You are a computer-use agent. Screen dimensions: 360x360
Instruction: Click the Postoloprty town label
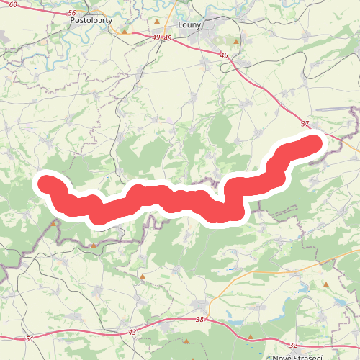(x=91, y=22)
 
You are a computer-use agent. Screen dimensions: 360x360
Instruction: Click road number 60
(x=14, y=5)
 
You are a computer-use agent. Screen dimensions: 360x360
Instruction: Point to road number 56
(x=70, y=14)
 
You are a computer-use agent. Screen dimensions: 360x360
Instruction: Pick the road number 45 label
(x=224, y=55)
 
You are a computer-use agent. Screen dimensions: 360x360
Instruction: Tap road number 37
(x=305, y=123)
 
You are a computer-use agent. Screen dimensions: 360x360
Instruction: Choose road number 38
(x=199, y=319)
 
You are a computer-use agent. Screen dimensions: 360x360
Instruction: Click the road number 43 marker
(x=132, y=332)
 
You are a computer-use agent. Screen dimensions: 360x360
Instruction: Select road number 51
(x=29, y=338)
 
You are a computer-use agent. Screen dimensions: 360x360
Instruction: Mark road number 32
(x=293, y=346)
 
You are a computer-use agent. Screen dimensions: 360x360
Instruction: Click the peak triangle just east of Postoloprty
(x=125, y=32)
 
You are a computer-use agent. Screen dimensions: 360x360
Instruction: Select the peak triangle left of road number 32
(x=251, y=336)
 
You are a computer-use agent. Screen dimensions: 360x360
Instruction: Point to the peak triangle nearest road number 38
(x=187, y=341)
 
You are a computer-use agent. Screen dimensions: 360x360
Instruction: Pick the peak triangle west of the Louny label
(x=156, y=22)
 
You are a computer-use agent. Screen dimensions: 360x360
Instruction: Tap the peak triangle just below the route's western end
(x=54, y=223)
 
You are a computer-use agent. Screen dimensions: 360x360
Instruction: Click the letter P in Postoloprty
(x=73, y=22)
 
